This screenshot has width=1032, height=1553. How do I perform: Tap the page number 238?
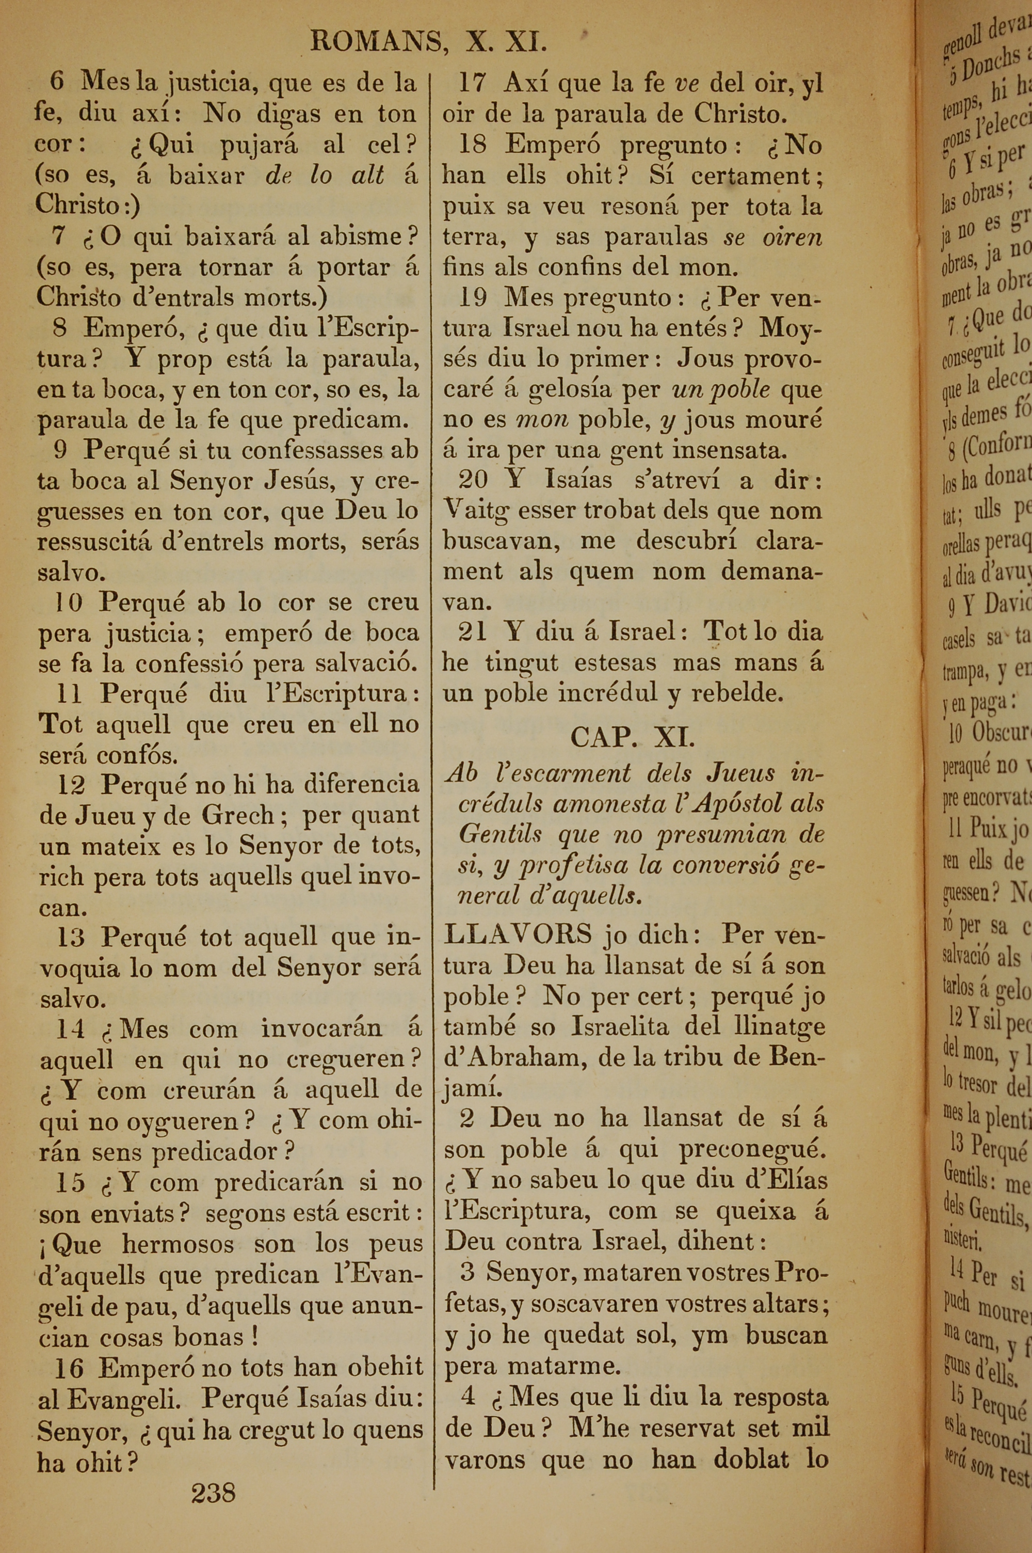213,1493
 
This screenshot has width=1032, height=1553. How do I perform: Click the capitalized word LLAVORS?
518,934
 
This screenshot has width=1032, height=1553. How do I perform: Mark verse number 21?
473,632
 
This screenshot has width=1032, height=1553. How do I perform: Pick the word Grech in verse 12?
237,815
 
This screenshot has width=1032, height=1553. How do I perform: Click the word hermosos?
178,1244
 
